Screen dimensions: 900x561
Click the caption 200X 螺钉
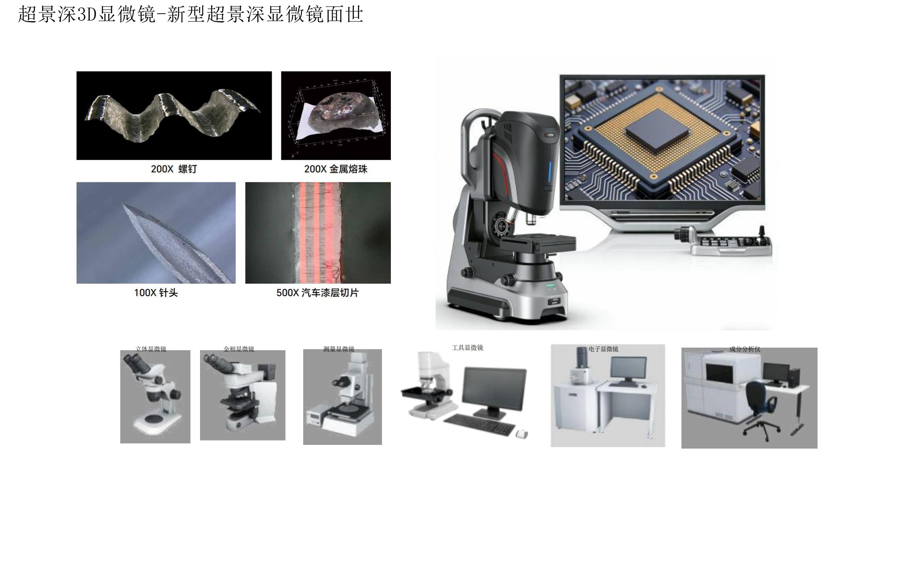point(174,169)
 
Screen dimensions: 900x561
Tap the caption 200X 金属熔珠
point(336,169)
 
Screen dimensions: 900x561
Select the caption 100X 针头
point(156,293)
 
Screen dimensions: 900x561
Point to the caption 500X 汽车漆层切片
point(318,293)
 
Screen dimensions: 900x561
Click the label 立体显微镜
point(150,349)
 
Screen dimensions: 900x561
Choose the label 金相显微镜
point(239,349)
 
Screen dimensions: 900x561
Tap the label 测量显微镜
point(339,349)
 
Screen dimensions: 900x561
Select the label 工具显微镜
point(467,348)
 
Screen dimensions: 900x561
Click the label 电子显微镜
point(603,349)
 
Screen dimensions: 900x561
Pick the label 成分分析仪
point(745,349)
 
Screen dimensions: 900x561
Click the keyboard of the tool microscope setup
point(479,424)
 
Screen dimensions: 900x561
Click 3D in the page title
point(88,14)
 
